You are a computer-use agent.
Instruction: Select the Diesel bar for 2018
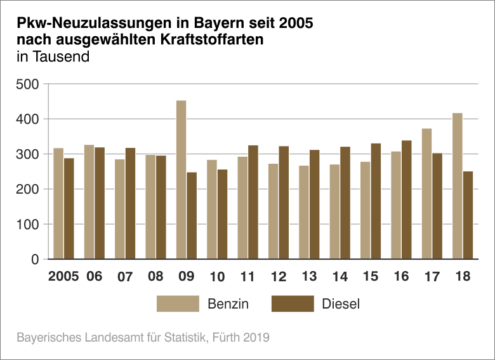[468, 215]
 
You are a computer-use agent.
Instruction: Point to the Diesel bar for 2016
[407, 200]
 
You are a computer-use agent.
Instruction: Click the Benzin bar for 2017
[427, 194]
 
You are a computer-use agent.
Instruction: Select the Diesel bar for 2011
[253, 203]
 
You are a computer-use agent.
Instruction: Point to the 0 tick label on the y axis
[35, 260]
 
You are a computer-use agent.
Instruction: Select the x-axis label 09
[186, 277]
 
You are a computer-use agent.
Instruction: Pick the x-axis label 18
[463, 277]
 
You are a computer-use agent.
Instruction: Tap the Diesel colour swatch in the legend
[293, 303]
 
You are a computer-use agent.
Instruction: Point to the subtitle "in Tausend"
[53, 57]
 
